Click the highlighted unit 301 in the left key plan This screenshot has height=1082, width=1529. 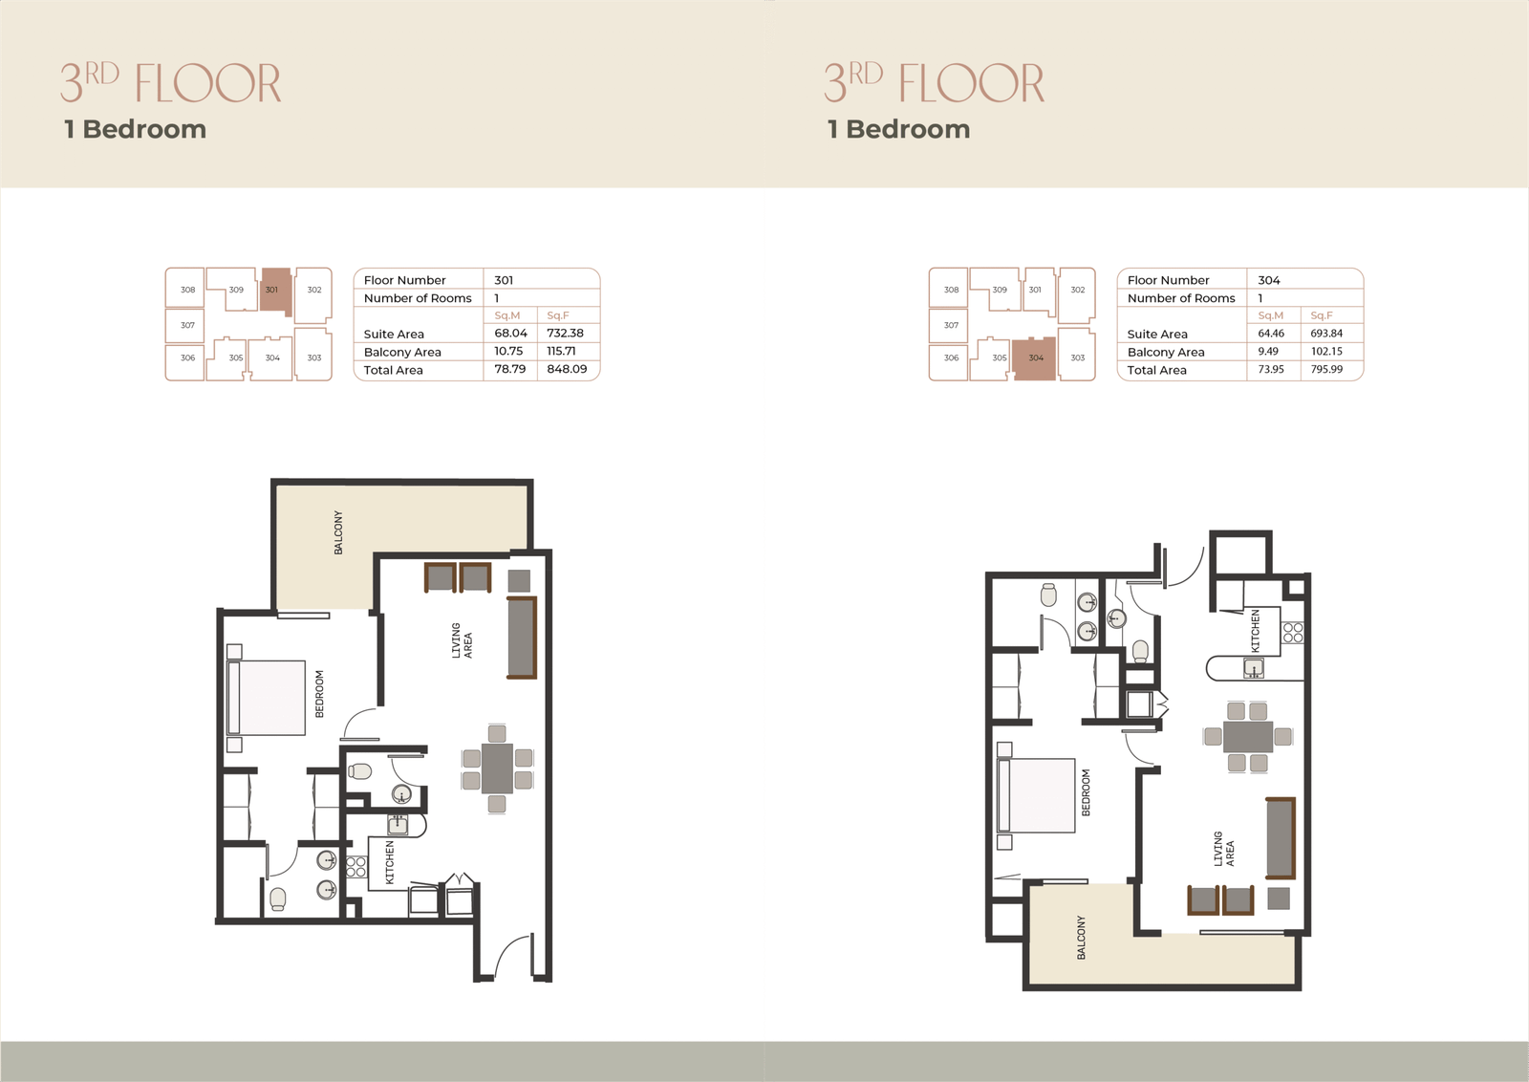point(276,291)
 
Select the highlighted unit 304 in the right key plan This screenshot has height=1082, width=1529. point(1035,358)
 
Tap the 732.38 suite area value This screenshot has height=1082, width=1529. point(565,334)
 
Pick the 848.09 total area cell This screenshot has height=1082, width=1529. point(567,369)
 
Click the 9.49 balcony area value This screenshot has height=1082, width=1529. point(1267,351)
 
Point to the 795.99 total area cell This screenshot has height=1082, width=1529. point(1326,369)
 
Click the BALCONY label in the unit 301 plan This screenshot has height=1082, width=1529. point(338,532)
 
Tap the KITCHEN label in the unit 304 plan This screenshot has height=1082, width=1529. point(1256,631)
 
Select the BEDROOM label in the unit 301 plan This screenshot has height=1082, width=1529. point(319,694)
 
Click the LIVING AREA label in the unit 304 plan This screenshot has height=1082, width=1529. point(1224,849)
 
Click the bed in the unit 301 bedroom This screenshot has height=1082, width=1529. point(267,698)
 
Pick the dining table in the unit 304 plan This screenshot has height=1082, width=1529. point(1248,737)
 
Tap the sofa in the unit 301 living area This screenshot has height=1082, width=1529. point(522,638)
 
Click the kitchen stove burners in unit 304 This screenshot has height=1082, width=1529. point(1293,633)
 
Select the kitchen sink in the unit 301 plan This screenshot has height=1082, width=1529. point(398,825)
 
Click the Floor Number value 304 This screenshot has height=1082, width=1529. point(1269,280)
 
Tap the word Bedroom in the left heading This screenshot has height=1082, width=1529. point(144,129)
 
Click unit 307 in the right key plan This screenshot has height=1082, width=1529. point(951,326)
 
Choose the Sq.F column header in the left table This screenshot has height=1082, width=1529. point(558,315)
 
